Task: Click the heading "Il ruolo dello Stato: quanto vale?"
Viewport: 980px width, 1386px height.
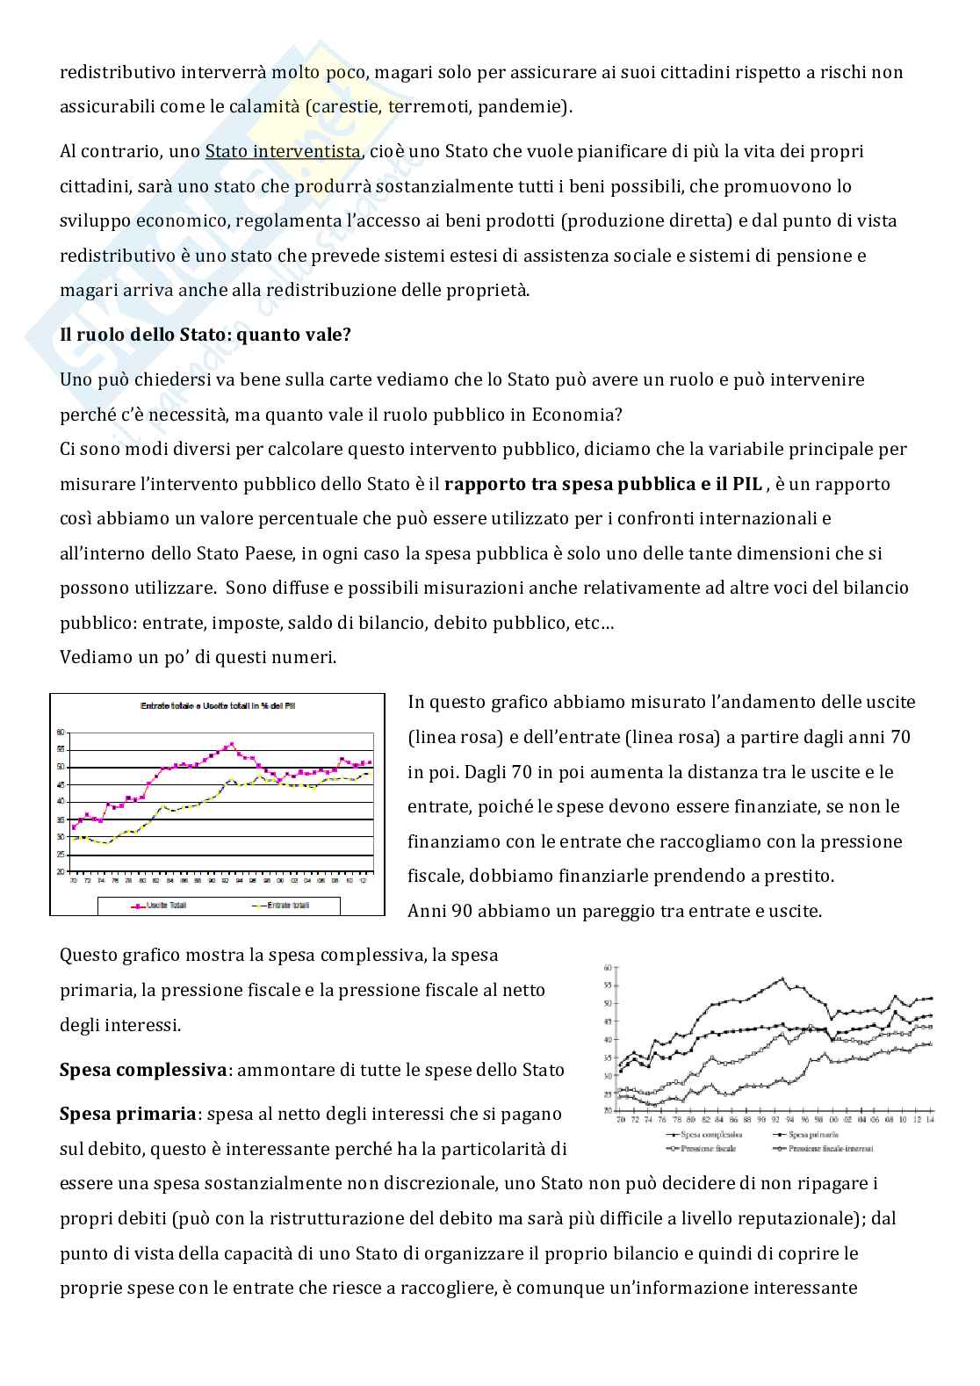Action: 205,335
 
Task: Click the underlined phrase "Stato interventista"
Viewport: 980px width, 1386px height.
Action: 283,151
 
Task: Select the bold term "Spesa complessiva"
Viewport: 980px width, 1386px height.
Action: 143,1070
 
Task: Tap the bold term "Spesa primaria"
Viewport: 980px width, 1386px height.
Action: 127,1114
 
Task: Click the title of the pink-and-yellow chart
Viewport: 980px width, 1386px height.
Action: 217,705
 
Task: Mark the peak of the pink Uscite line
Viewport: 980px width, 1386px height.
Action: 231,744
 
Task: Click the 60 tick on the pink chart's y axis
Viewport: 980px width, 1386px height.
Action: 61,732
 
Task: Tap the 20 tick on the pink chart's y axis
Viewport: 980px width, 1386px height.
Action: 61,872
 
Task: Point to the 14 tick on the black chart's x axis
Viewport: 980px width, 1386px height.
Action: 929,1120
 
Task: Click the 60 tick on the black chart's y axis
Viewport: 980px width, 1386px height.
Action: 607,968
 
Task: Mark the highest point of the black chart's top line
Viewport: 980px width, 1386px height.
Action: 782,978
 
